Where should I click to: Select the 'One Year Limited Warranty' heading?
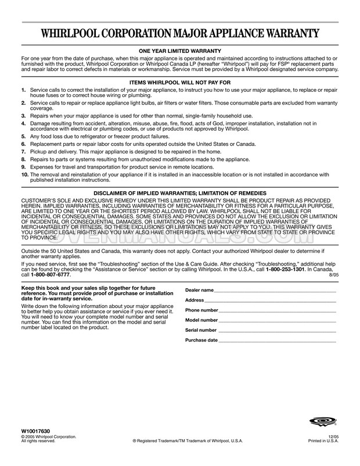tap(179, 52)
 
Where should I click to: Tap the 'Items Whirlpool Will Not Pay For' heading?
tap(179, 83)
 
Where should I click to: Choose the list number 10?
tap(24, 174)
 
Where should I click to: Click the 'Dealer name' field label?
tap(199, 290)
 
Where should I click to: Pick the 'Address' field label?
tap(195, 300)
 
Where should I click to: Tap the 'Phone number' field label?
tap(201, 310)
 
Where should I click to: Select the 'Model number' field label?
tap(201, 320)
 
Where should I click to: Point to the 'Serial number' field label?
tap(201, 330)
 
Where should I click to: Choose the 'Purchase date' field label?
tap(201, 340)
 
